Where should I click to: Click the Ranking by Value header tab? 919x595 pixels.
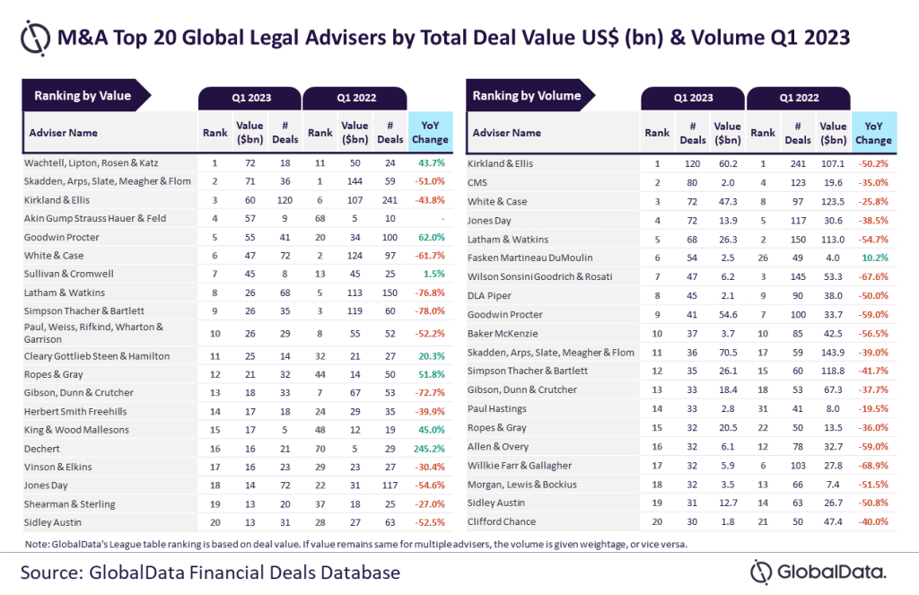[83, 96]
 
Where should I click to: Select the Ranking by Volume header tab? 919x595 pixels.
[527, 96]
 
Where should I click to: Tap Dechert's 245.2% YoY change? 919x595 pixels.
[430, 449]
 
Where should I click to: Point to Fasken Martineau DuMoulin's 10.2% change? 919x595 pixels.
[873, 256]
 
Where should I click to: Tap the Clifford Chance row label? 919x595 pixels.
[502, 521]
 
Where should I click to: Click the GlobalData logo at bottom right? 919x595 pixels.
[818, 572]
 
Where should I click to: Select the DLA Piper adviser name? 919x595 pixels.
[489, 294]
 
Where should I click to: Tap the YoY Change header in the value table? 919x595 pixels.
[430, 133]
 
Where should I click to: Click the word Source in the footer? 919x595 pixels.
[55, 572]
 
